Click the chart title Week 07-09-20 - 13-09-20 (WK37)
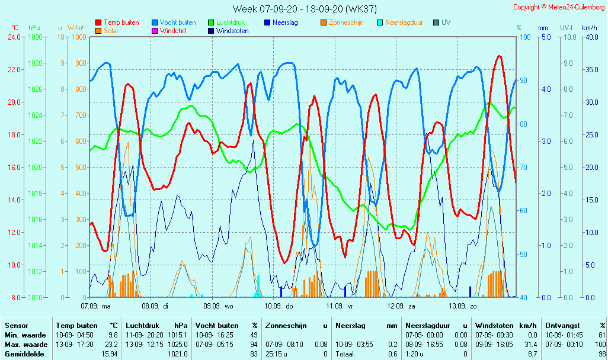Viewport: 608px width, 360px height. pyautogui.click(x=304, y=8)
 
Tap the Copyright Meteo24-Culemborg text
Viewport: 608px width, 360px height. pyautogui.click(x=559, y=7)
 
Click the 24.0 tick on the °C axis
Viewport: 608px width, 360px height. pyautogui.click(x=14, y=37)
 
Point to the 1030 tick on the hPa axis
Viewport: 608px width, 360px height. pyautogui.click(x=35, y=37)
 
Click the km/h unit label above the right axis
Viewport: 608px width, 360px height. pyautogui.click(x=589, y=28)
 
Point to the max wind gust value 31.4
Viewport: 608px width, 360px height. pyautogui.click(x=530, y=345)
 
